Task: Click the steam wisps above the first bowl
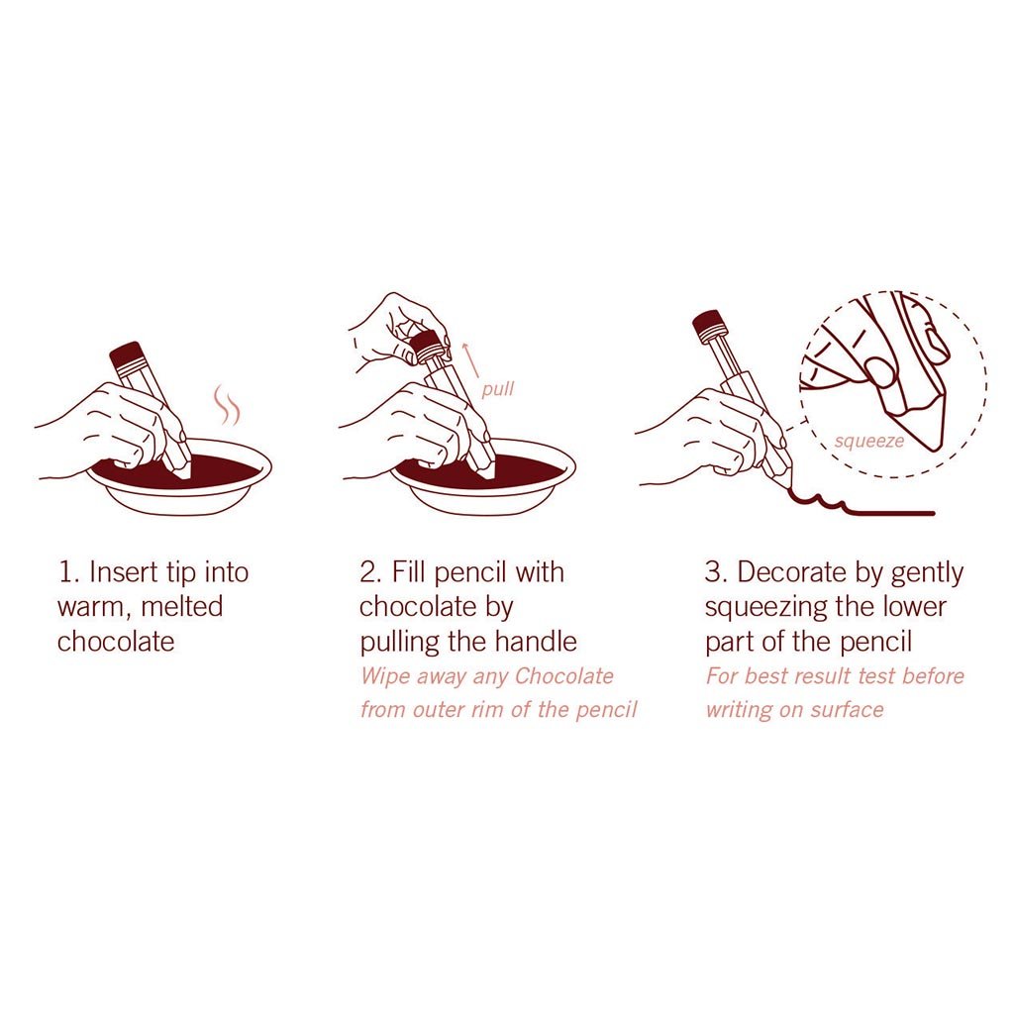227,405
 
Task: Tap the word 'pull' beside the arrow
498,389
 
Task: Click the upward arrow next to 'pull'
470,360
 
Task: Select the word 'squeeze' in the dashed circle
869,442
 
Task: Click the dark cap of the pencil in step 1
126,356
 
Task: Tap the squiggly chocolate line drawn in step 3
861,505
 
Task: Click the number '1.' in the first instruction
68,572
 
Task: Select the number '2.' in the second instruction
370,572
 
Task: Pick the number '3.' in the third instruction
716,572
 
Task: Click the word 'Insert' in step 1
123,572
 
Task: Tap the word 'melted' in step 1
182,607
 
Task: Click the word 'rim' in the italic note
488,710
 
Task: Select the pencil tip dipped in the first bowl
182,468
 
